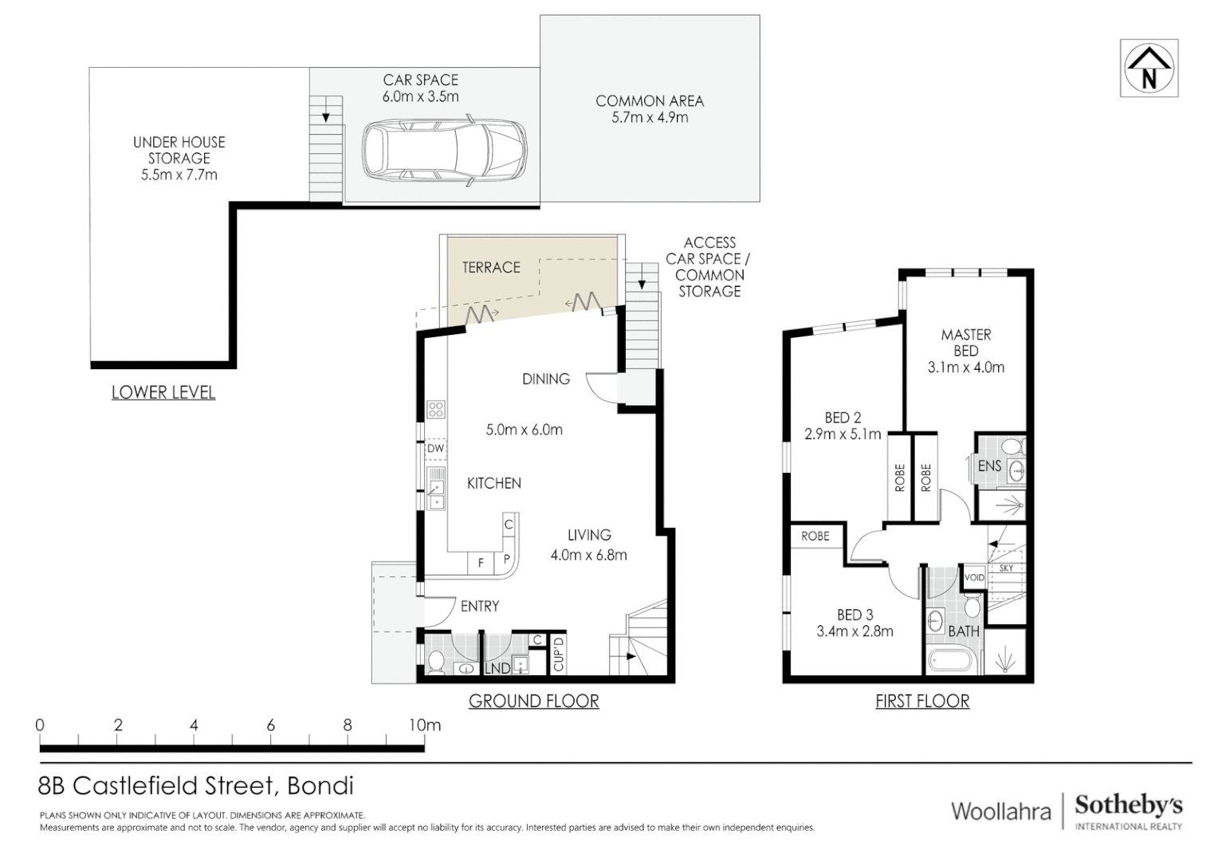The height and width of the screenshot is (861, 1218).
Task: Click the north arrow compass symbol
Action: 1149,68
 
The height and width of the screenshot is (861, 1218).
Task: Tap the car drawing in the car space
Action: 444,151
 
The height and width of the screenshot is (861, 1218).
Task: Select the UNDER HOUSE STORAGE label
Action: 179,159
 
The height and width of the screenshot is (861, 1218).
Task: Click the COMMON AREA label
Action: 650,100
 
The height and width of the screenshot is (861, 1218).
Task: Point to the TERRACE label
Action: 491,267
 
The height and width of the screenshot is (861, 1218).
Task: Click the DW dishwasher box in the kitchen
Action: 435,449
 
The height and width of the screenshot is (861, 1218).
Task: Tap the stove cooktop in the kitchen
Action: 435,409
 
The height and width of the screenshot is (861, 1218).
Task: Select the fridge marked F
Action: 481,563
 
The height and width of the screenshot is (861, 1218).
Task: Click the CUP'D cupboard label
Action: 559,654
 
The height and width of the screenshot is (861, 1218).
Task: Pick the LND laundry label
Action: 497,668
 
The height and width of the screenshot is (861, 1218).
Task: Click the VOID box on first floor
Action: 974,578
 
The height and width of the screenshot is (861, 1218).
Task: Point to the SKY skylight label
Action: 1007,568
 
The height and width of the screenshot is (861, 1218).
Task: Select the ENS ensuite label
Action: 990,466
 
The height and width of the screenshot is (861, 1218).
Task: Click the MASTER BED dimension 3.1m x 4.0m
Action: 965,368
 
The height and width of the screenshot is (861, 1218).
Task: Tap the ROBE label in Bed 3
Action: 815,536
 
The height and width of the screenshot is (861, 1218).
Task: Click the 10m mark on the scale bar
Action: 425,725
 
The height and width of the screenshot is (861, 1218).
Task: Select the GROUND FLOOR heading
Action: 534,701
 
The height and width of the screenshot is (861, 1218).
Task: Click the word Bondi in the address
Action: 320,785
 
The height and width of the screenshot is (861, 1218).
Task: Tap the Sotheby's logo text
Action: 1129,806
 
